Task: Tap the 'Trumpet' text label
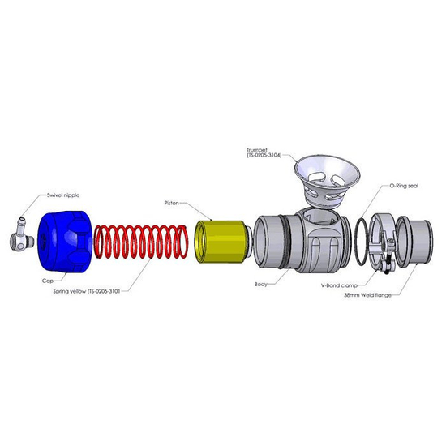(x=259, y=150)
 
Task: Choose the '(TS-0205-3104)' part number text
(x=264, y=156)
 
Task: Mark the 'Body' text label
(x=260, y=285)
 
